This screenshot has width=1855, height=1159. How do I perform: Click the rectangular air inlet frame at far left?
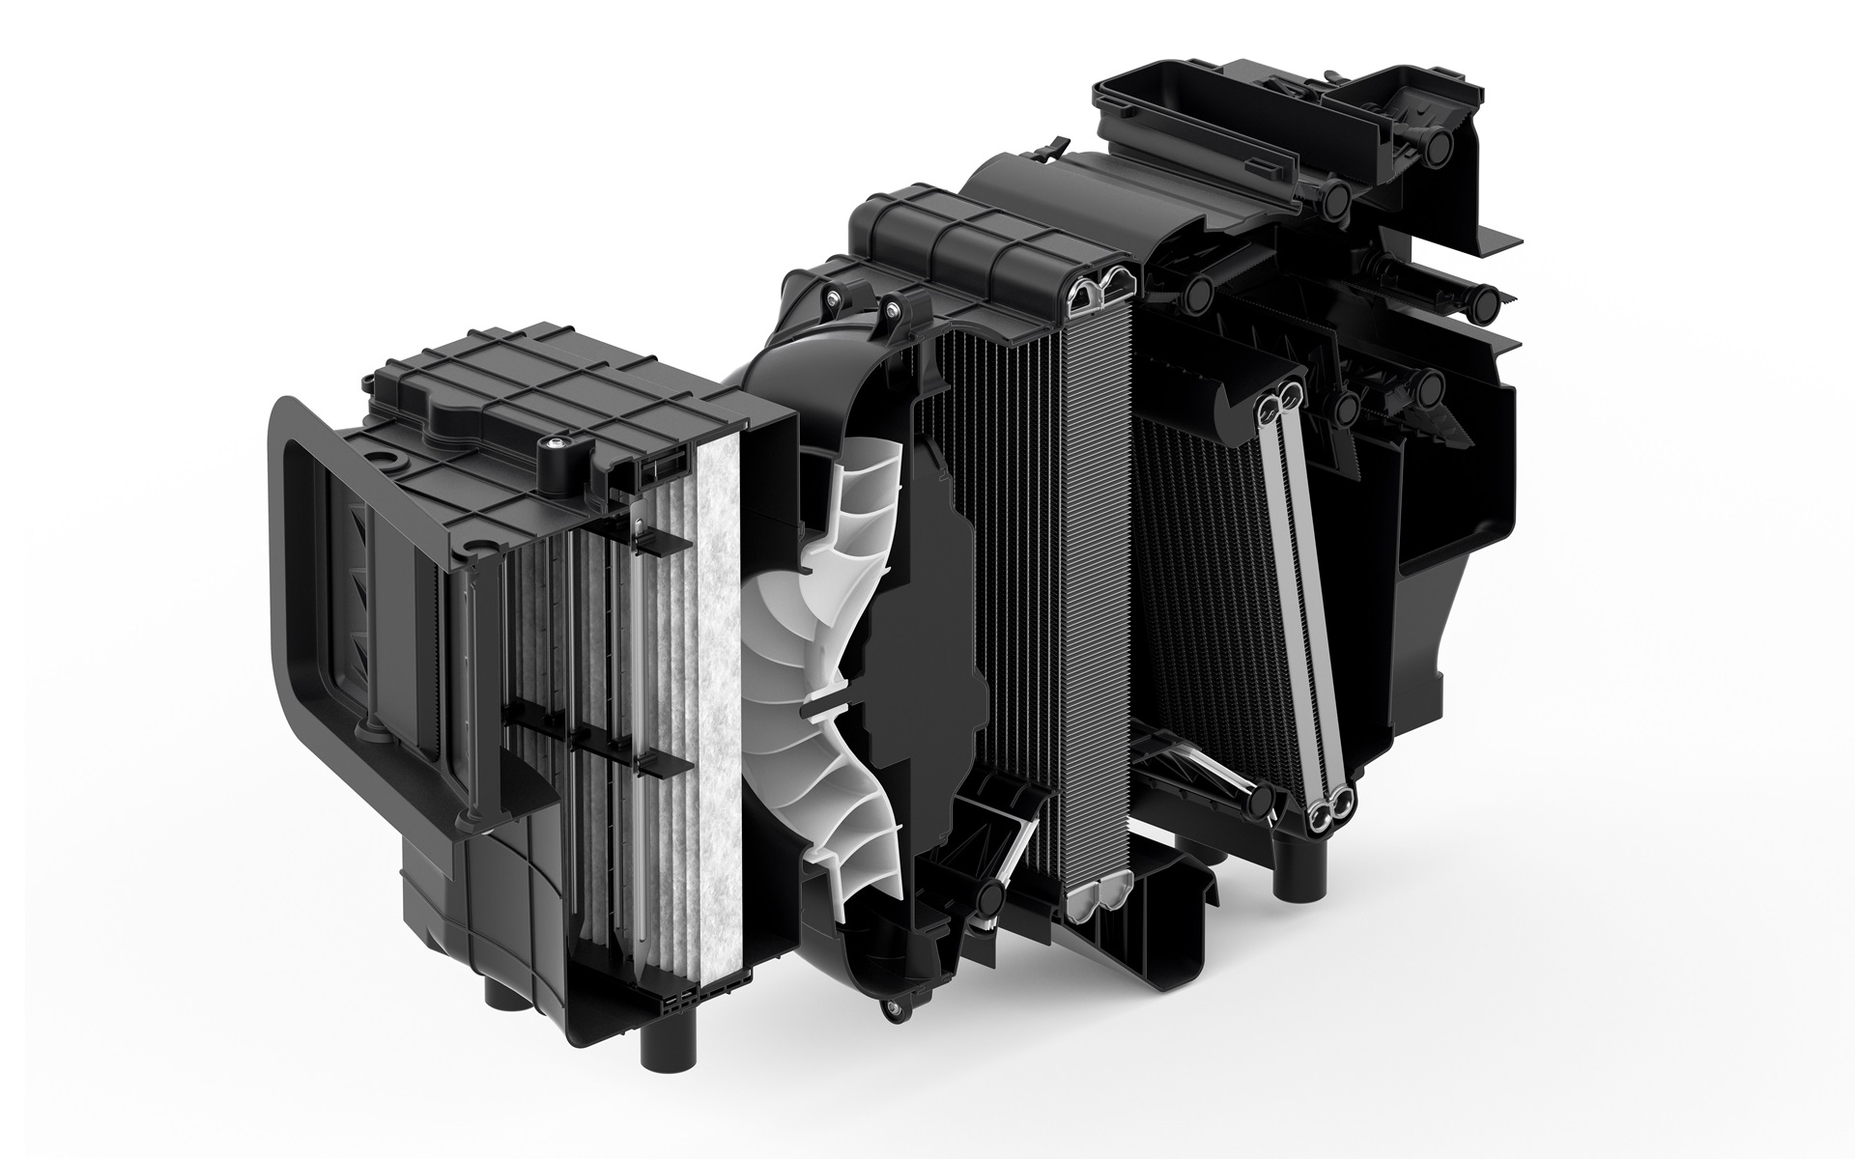[x=290, y=579]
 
